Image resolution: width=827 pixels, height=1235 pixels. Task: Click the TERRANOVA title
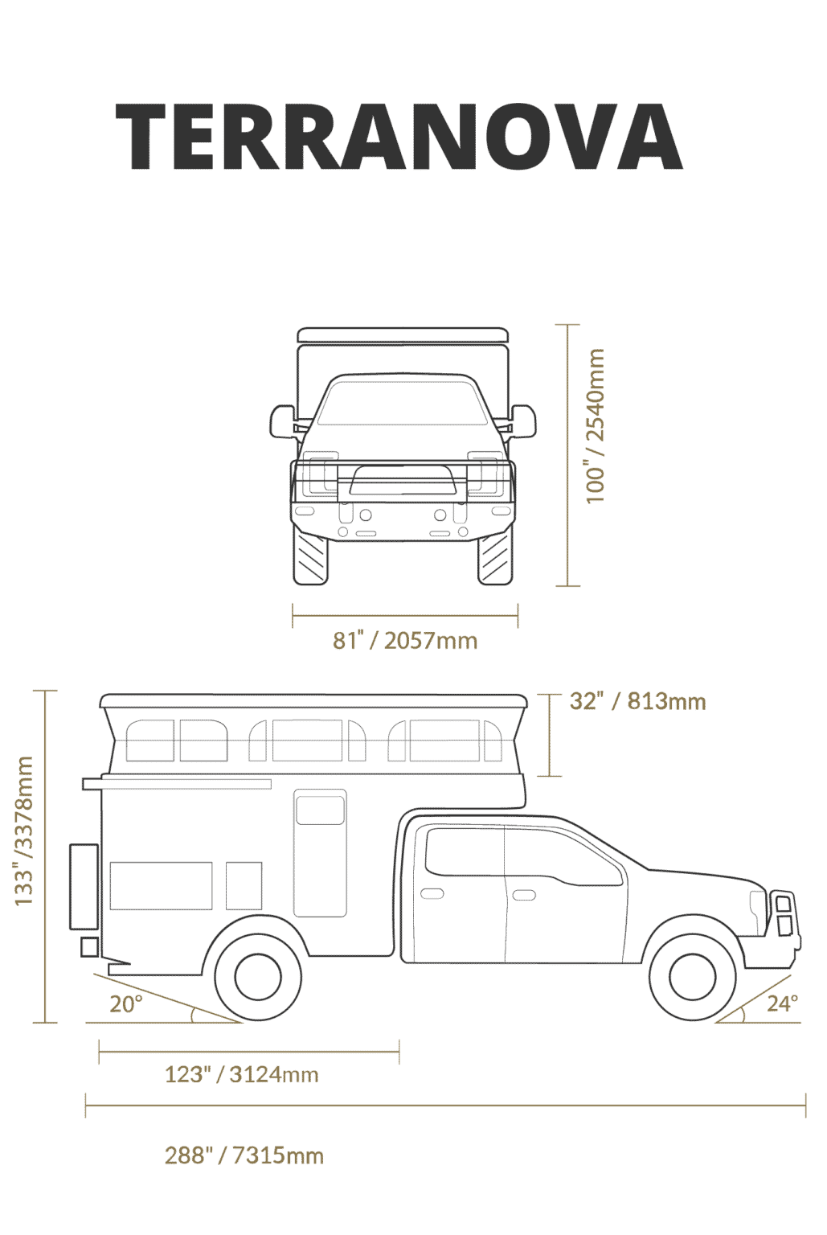point(399,136)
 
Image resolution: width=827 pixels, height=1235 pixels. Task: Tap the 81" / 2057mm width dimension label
point(405,641)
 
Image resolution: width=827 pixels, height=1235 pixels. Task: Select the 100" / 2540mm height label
point(595,425)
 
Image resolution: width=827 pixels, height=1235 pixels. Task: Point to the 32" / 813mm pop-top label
point(637,701)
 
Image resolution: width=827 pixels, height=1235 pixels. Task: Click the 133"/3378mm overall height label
point(23,831)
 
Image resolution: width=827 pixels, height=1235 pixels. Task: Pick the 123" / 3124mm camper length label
point(242,1074)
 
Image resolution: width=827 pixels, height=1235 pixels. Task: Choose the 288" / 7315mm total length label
point(244,1155)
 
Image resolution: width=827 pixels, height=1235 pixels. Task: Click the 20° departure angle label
point(125,1004)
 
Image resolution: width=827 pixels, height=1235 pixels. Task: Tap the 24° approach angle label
point(782,1003)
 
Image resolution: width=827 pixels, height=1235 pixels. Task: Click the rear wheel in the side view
point(258,977)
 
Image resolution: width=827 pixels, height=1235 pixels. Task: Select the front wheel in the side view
point(692,977)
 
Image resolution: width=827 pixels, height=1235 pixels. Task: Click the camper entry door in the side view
point(320,853)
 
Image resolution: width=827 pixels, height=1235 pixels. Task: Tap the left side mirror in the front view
point(283,422)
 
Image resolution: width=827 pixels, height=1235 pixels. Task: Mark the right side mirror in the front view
point(523,422)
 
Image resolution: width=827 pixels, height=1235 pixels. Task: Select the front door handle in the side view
point(524,894)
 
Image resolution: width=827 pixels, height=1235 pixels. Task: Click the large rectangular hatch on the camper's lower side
point(161,886)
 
